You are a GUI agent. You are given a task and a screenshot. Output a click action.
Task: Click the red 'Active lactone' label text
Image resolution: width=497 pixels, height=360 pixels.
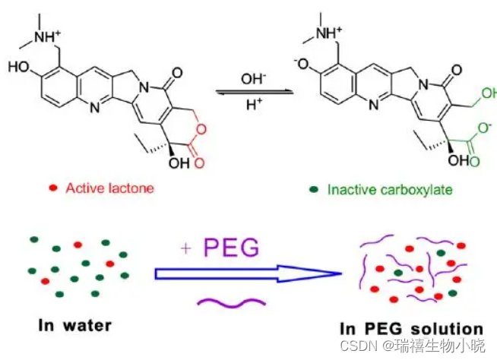(x=109, y=188)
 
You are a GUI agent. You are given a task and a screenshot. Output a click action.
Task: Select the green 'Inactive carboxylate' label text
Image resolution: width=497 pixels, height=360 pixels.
(x=381, y=188)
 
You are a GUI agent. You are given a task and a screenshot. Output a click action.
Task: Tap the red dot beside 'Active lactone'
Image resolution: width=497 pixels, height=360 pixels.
(x=52, y=188)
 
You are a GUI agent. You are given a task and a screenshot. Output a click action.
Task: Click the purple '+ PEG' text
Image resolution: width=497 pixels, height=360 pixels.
(x=220, y=248)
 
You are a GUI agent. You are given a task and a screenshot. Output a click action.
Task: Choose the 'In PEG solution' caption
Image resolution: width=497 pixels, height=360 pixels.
(x=411, y=329)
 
